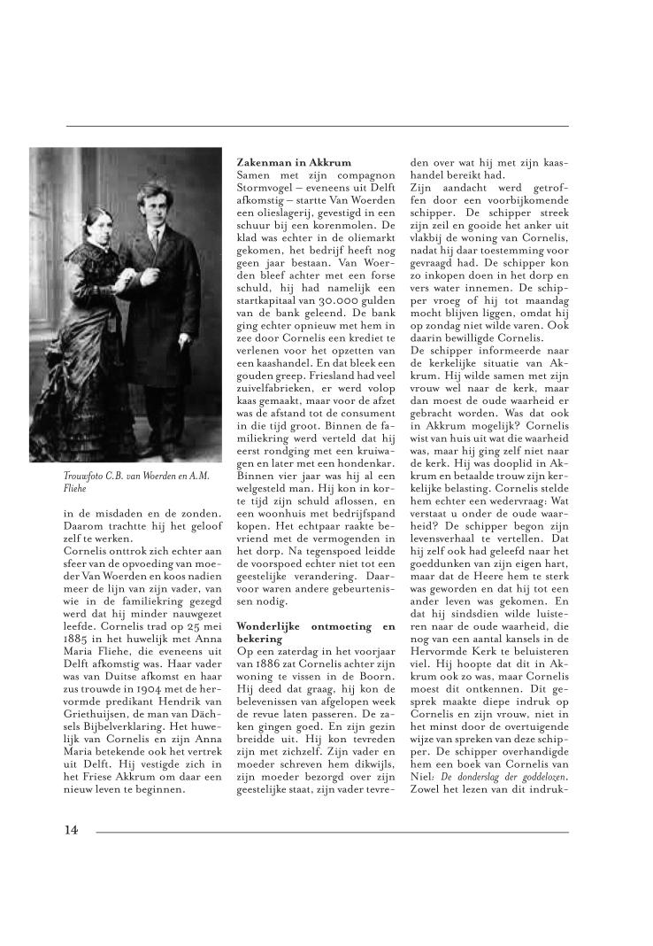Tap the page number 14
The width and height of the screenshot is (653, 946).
pos(71,830)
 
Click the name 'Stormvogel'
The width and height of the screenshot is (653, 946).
pos(269,188)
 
